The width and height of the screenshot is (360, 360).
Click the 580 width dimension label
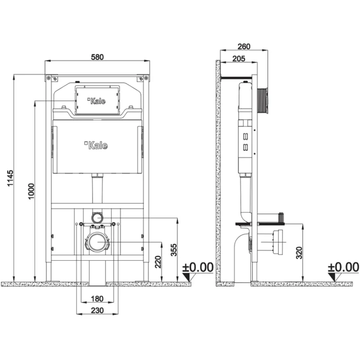coord(97,57)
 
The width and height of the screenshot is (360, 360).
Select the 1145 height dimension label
coord(10,178)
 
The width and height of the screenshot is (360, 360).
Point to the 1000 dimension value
coord(31,191)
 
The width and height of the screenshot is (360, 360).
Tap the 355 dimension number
coord(174,250)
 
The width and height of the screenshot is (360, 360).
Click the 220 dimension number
coord(158,262)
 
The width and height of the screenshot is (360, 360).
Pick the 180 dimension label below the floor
coord(97,299)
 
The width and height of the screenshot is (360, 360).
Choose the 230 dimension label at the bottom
coord(97,311)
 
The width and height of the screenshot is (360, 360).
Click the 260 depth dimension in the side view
coord(244,46)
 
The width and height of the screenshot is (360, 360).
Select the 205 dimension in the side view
coord(239,59)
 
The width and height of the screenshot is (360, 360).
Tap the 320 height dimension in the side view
coord(299,253)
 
